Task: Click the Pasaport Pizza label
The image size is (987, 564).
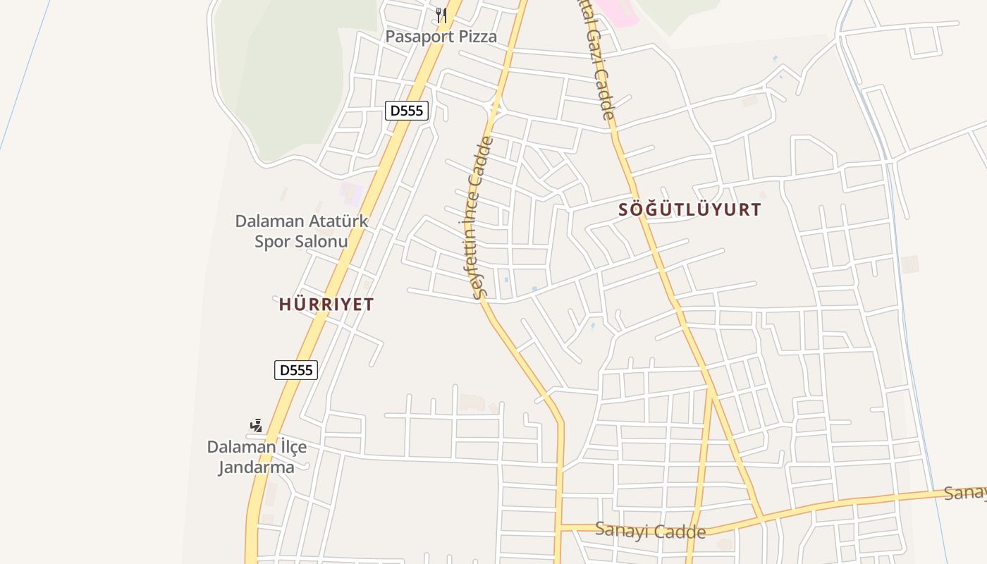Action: [x=441, y=37]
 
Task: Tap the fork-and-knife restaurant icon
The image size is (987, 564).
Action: [x=441, y=15]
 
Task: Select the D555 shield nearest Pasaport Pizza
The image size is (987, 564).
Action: [x=407, y=111]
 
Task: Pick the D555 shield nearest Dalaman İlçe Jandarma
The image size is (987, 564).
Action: [x=296, y=370]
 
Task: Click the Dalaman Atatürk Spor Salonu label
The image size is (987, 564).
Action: [x=302, y=231]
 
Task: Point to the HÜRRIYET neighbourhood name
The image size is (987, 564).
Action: [x=326, y=305]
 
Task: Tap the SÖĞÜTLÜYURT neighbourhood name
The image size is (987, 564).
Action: [x=689, y=209]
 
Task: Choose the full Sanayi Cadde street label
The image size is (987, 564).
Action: [x=650, y=530]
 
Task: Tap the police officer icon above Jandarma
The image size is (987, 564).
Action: [x=257, y=426]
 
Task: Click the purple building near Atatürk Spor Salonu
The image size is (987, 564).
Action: [x=350, y=191]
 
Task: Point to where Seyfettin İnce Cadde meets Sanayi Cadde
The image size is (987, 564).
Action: [x=560, y=527]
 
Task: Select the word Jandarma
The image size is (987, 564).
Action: [x=256, y=467]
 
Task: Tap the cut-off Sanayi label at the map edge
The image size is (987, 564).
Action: [x=966, y=492]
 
